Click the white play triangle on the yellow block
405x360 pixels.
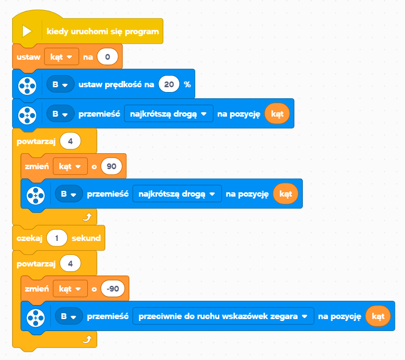tap(27, 31)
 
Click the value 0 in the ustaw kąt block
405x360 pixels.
tap(108, 56)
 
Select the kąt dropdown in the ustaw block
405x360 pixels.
tap(62, 56)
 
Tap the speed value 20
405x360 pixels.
tap(169, 84)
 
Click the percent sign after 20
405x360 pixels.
tap(187, 84)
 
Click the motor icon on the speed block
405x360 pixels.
tap(27, 85)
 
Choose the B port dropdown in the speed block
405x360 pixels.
tap(60, 84)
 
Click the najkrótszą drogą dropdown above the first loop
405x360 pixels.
tap(169, 113)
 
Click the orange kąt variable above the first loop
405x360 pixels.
tap(277, 114)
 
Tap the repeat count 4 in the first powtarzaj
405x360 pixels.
tap(70, 141)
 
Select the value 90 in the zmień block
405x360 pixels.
tap(111, 166)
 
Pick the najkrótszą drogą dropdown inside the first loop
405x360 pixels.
tap(177, 194)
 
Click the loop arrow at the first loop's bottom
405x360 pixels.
tap(87, 217)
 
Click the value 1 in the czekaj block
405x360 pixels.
tap(57, 238)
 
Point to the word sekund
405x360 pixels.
tap(86, 238)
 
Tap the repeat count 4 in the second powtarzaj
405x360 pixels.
tap(70, 264)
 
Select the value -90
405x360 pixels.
tap(113, 289)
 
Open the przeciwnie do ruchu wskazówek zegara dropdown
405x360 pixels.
tap(223, 316)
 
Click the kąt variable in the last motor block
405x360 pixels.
tap(378, 316)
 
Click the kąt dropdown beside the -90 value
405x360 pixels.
tap(70, 289)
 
